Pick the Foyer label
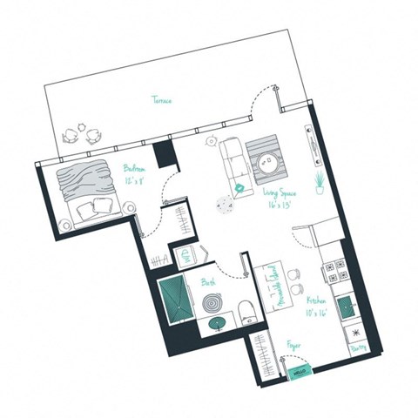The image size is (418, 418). click(x=293, y=345)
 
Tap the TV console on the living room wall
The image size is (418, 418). click(x=309, y=141)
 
